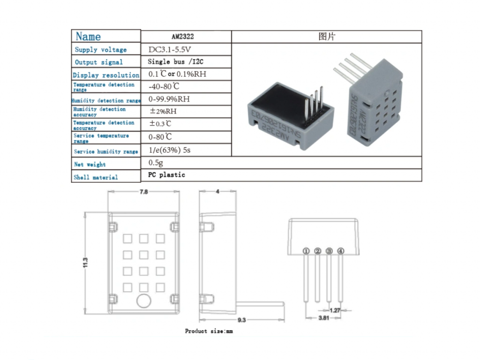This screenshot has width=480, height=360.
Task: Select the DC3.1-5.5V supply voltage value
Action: coord(170,49)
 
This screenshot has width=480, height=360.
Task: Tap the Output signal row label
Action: coord(98,62)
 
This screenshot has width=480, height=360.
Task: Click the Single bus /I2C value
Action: coord(176,61)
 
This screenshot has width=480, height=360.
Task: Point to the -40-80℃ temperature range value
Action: coord(164,86)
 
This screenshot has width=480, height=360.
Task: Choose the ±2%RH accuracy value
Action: coord(163,112)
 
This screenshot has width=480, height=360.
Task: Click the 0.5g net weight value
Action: coord(156,162)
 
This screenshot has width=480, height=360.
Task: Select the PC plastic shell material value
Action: coord(166,175)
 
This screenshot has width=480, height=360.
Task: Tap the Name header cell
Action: coord(88,36)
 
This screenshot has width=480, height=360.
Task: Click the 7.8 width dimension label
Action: coord(143,192)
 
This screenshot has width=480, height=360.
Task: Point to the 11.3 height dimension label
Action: coord(86,263)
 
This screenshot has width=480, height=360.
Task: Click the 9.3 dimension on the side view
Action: coord(241,320)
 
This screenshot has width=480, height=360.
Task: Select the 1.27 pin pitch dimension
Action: coord(335,310)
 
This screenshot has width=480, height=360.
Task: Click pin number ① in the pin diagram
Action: coord(306,251)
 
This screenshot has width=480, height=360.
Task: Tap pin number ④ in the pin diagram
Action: coord(341,251)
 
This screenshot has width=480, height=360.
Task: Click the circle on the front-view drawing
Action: coord(143,301)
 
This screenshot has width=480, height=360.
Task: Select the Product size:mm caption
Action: coord(209,331)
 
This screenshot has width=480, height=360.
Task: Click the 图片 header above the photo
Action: coord(327,37)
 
